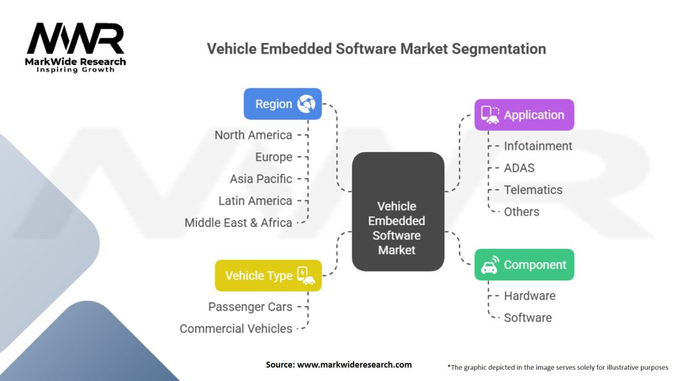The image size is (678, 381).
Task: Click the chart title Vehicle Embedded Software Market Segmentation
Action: [376, 49]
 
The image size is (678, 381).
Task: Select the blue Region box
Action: [283, 104]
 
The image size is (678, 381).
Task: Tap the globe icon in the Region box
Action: [307, 104]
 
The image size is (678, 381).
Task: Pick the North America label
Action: [253, 135]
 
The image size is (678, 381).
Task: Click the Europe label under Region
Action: [273, 157]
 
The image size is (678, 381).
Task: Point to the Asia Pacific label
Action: [261, 179]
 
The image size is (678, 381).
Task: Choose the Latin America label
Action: [255, 200]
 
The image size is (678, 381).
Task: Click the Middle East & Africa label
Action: [238, 223]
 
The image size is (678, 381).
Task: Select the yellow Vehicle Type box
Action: [268, 276]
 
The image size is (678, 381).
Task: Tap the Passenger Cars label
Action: [250, 307]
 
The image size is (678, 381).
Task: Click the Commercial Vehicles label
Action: [236, 329]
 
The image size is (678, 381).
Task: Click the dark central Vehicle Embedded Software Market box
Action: [397, 212]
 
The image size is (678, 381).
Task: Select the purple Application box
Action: [524, 114]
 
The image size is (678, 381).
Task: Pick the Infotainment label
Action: [538, 146]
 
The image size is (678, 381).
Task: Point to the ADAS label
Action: [519, 168]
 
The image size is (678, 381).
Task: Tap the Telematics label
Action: [533, 190]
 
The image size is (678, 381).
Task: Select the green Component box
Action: [524, 265]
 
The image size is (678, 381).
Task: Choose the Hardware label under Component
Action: [529, 296]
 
